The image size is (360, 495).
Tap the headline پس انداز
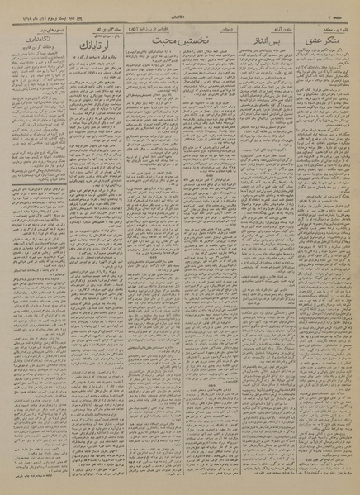coord(260,37)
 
